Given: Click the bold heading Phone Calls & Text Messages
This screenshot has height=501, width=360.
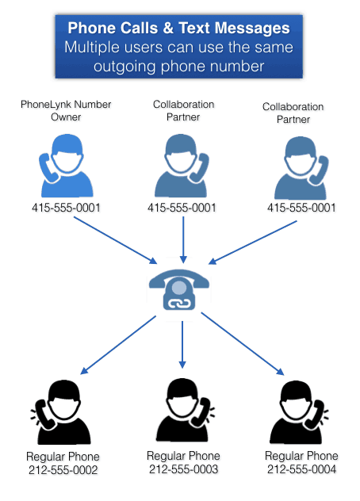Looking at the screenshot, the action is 178,28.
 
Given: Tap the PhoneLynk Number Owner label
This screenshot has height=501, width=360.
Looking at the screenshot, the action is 66,110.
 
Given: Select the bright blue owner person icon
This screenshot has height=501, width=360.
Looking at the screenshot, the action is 67,166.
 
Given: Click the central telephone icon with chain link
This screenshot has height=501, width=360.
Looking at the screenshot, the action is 179,289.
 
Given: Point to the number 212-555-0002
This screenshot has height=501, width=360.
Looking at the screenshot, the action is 63,470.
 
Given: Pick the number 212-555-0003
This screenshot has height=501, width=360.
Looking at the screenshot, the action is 183,469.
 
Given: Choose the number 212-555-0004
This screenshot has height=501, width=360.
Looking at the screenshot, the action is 301,469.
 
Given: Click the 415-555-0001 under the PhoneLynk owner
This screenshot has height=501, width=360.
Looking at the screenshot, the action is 66,208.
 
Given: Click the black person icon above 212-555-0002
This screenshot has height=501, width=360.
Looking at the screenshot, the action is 61,412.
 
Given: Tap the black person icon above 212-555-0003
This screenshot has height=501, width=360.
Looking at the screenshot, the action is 185,411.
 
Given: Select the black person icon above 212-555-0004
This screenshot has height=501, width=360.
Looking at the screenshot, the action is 299,412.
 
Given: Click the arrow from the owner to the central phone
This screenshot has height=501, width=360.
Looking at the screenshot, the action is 116,240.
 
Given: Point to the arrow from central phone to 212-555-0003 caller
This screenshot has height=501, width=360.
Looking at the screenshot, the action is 182,344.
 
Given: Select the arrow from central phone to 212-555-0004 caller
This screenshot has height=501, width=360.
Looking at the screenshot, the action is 243,344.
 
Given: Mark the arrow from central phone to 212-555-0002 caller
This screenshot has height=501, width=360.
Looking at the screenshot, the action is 118,345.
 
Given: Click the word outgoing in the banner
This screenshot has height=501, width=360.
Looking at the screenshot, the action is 125,67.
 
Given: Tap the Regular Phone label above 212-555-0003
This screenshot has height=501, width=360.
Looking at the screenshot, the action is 183,456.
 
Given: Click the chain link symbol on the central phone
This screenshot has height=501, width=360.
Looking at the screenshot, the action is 179,304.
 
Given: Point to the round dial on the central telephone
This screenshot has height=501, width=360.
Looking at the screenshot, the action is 178,288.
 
